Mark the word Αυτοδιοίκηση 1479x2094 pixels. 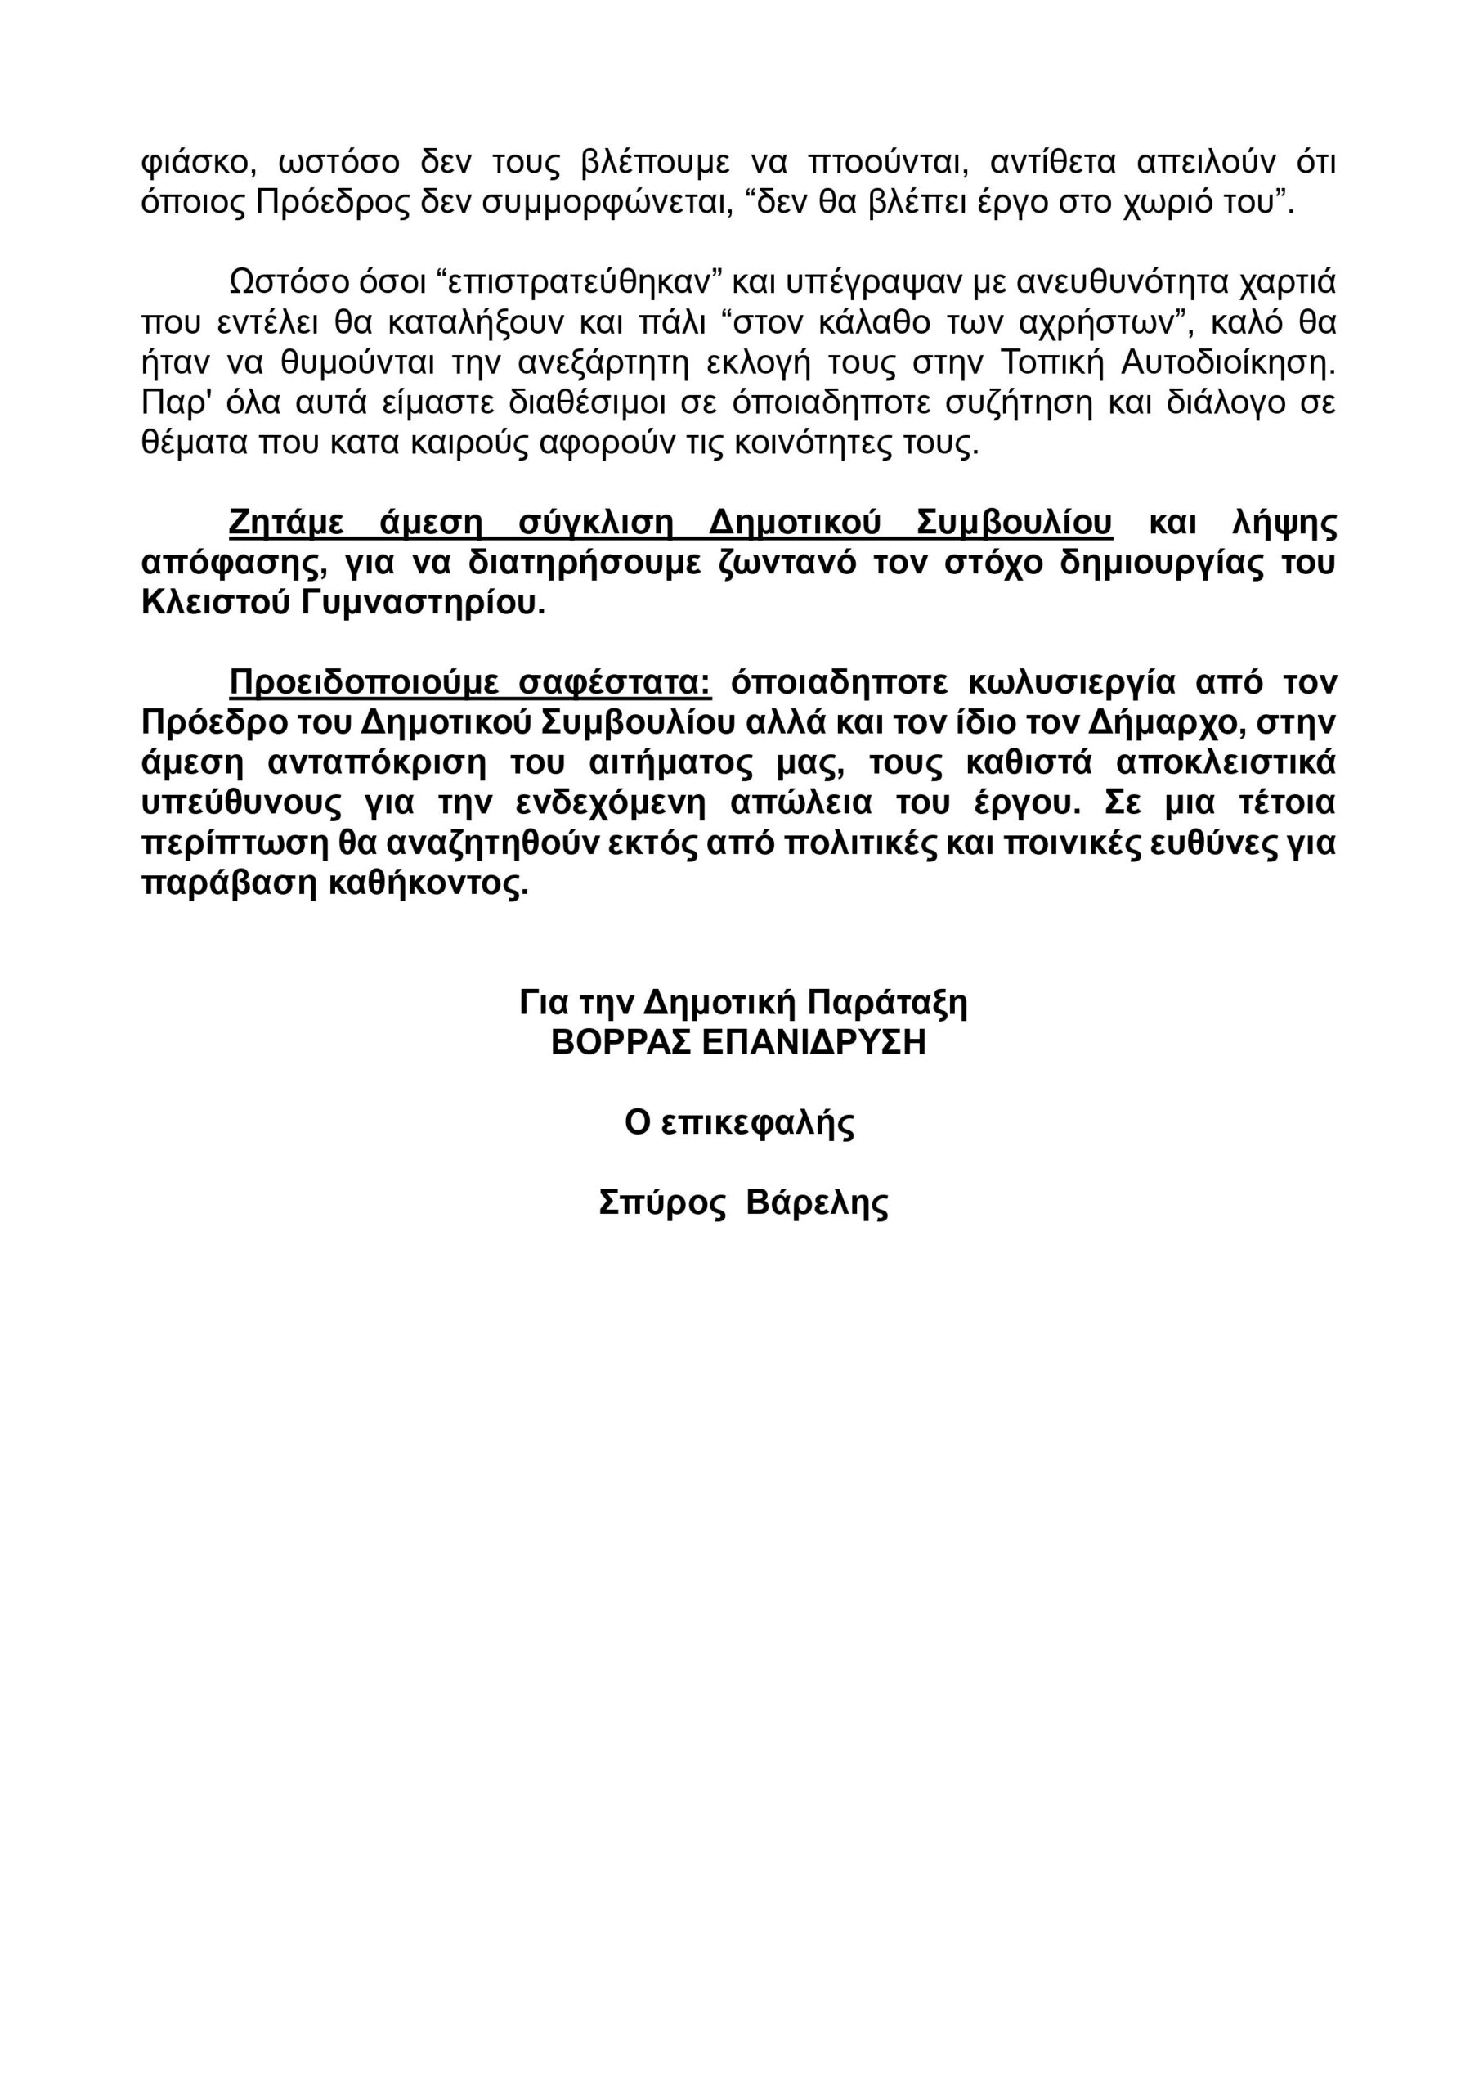tap(1227, 363)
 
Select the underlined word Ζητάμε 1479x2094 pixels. tap(286, 523)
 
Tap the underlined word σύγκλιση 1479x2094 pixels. tap(595, 523)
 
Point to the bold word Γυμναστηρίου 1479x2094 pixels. tap(421, 604)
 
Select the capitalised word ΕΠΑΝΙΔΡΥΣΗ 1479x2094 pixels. tap(814, 1042)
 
